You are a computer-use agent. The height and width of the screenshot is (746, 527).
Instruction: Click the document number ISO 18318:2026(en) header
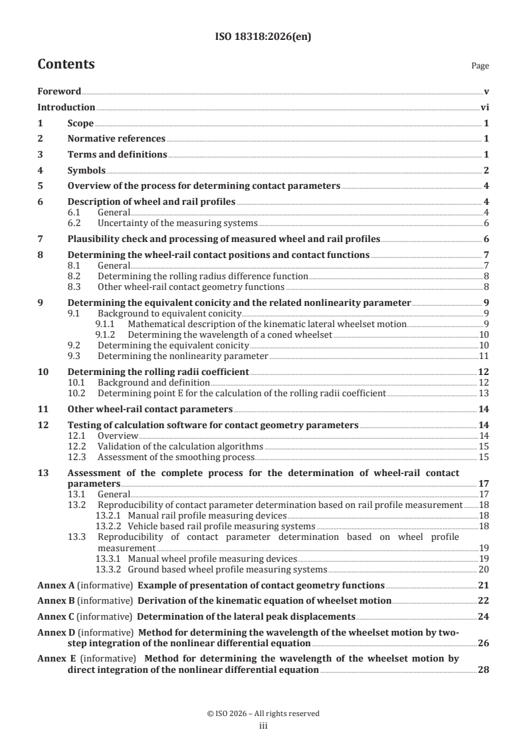tap(263, 37)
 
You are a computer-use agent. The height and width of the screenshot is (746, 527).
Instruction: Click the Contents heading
tap(66, 64)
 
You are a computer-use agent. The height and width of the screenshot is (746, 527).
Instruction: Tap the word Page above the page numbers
tap(480, 66)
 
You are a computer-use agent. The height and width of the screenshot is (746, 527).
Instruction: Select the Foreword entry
tap(59, 91)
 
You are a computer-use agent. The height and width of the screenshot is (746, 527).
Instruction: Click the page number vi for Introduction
tap(484, 107)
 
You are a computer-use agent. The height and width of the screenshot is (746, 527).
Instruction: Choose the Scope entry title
tap(80, 123)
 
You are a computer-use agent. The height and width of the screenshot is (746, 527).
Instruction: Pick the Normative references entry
tap(116, 139)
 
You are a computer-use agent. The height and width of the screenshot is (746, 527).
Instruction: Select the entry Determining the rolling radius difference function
tap(203, 275)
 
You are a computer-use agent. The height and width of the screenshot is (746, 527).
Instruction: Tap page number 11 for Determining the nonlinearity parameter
tap(484, 356)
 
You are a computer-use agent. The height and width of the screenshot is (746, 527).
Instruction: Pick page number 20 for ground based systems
tap(484, 569)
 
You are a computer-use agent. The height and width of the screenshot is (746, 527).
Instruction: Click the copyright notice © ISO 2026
tap(263, 713)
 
